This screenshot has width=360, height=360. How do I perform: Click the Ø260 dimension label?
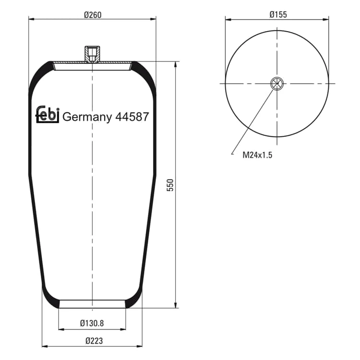[93, 15]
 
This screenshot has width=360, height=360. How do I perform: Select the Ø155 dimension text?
[278, 14]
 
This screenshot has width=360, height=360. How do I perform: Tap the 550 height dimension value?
[170, 185]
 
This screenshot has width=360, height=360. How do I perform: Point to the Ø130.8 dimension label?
[92, 323]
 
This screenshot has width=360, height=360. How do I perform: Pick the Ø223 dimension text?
[94, 341]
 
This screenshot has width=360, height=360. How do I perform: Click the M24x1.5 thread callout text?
[257, 155]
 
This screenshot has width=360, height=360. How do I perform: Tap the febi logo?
[48, 114]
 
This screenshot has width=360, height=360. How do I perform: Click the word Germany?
[87, 117]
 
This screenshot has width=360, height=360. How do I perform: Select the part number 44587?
[132, 117]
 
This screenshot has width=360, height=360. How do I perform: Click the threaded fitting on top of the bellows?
[92, 54]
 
